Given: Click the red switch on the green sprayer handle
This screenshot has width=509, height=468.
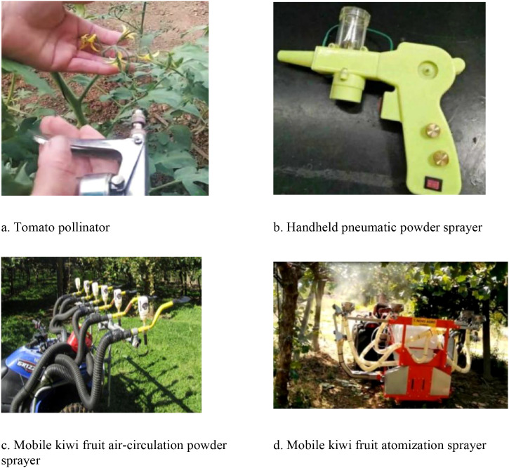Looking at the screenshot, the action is [433, 183].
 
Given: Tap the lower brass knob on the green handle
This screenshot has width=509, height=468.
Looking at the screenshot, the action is [441, 158].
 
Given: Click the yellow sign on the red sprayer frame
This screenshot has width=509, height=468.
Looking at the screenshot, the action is [424, 321].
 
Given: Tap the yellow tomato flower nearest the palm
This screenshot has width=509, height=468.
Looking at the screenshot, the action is [90, 43].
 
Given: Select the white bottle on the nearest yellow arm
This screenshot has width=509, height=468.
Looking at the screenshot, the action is [143, 309].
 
